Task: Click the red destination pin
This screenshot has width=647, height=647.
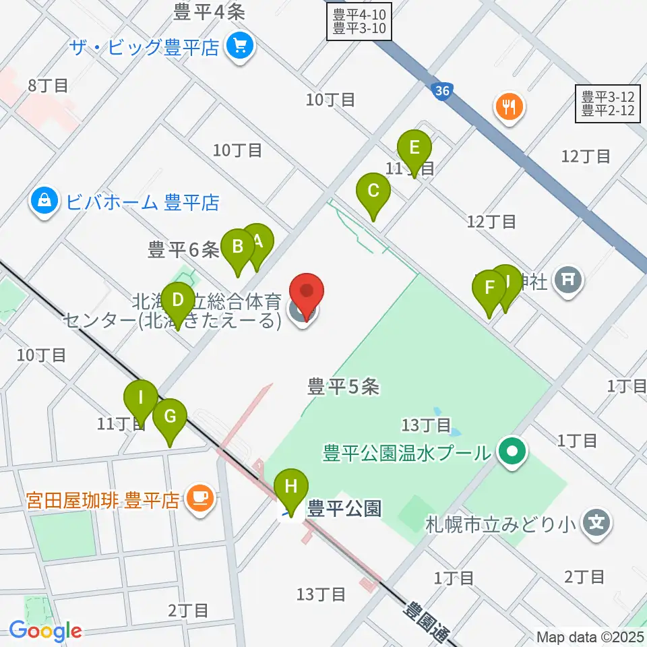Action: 307,294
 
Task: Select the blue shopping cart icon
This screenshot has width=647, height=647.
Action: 240,47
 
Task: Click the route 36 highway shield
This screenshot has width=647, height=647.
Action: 441,92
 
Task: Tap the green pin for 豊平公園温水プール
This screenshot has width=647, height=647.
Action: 512,451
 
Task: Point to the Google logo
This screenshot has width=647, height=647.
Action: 45,630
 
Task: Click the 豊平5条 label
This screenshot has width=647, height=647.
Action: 344,386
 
